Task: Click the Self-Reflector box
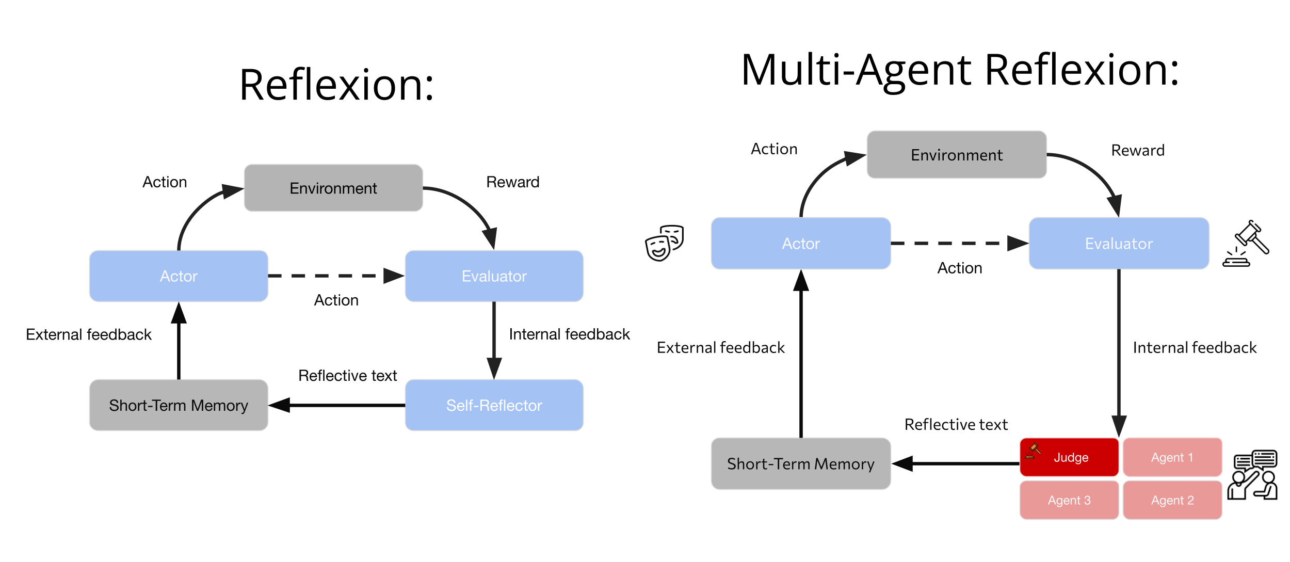tap(494, 405)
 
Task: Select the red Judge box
tap(1069, 457)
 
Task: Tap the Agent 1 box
tap(1172, 457)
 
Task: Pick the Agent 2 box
tap(1172, 500)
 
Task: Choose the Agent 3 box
tap(1069, 500)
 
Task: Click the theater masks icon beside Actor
tap(664, 243)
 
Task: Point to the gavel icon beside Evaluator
tap(1246, 244)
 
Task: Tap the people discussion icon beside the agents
tap(1252, 475)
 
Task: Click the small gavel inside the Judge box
tap(1033, 451)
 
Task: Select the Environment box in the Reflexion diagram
tap(333, 188)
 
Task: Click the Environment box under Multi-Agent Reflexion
tap(956, 155)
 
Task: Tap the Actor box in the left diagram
tap(179, 276)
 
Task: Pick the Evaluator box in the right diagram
tap(1118, 244)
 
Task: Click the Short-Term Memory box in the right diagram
tap(800, 463)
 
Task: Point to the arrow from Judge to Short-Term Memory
tap(955, 463)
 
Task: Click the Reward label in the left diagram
tap(512, 182)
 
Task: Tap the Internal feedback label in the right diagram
tap(1194, 347)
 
